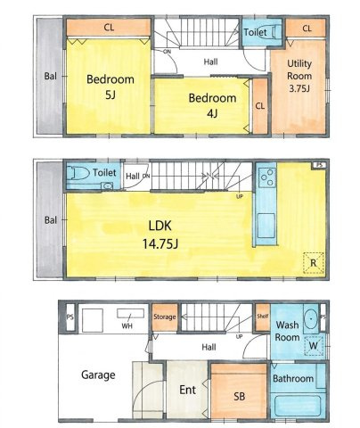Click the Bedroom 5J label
110,86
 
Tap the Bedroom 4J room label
212,105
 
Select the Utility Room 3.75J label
299,76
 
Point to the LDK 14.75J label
160,235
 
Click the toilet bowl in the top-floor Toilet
274,31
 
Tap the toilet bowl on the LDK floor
78,173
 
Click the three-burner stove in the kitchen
267,177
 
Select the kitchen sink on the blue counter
266,226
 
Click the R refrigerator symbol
314,263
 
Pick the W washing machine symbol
314,345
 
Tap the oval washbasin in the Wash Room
311,319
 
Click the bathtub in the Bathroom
298,406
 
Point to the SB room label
239,397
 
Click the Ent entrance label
187,390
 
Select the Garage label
98,375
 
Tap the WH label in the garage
127,326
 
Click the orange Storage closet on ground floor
165,317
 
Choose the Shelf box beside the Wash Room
263,317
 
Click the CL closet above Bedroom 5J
109,28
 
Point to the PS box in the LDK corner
319,165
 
